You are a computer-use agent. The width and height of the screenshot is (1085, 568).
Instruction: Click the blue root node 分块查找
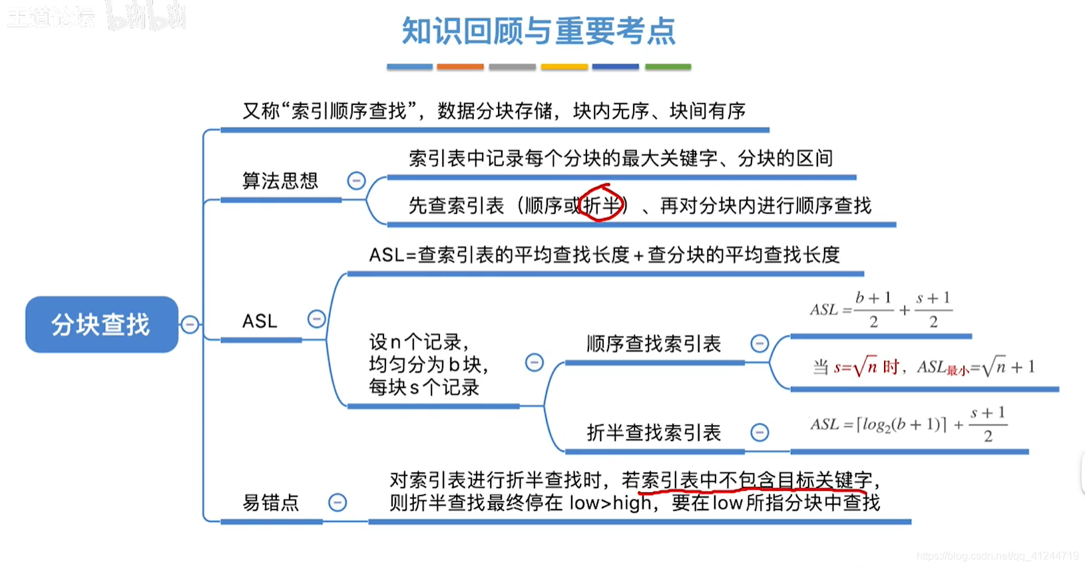point(101,325)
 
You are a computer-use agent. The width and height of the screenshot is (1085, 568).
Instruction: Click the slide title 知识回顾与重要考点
point(539,31)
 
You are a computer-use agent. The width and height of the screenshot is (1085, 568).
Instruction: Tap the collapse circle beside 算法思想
point(356,180)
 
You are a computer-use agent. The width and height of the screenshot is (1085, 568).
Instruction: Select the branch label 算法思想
point(280,181)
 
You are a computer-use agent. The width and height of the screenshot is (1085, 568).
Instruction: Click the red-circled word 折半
point(601,205)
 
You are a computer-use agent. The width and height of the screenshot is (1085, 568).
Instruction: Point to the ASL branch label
point(260,321)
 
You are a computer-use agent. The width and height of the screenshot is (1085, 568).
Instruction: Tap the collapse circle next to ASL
point(316,319)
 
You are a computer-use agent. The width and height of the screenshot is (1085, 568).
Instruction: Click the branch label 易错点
point(271,503)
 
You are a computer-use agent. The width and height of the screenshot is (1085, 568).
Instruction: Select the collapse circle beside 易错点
point(337,502)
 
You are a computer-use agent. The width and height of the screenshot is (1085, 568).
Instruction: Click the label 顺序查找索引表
point(654,344)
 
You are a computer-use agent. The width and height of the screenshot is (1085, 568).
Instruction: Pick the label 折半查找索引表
point(654,433)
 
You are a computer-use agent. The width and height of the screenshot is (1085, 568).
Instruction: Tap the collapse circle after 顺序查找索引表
point(759,343)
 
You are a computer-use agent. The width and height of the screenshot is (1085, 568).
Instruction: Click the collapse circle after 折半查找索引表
point(759,432)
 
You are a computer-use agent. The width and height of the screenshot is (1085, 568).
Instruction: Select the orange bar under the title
point(460,67)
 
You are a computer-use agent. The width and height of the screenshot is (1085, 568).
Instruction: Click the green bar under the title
point(668,67)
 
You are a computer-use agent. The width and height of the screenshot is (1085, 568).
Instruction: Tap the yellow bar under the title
point(564,67)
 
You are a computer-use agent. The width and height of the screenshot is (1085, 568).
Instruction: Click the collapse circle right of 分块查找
point(190,324)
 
